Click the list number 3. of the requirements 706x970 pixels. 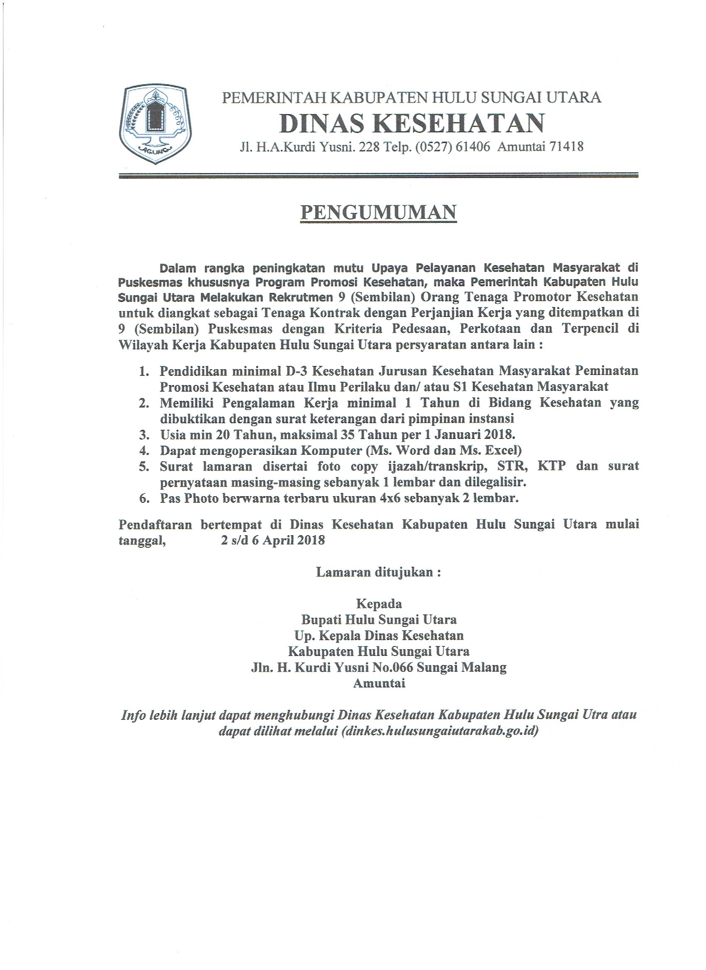(x=144, y=435)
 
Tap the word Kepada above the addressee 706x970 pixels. (x=379, y=604)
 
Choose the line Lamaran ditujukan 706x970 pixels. (x=378, y=572)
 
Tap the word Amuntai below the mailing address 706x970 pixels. (x=379, y=683)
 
